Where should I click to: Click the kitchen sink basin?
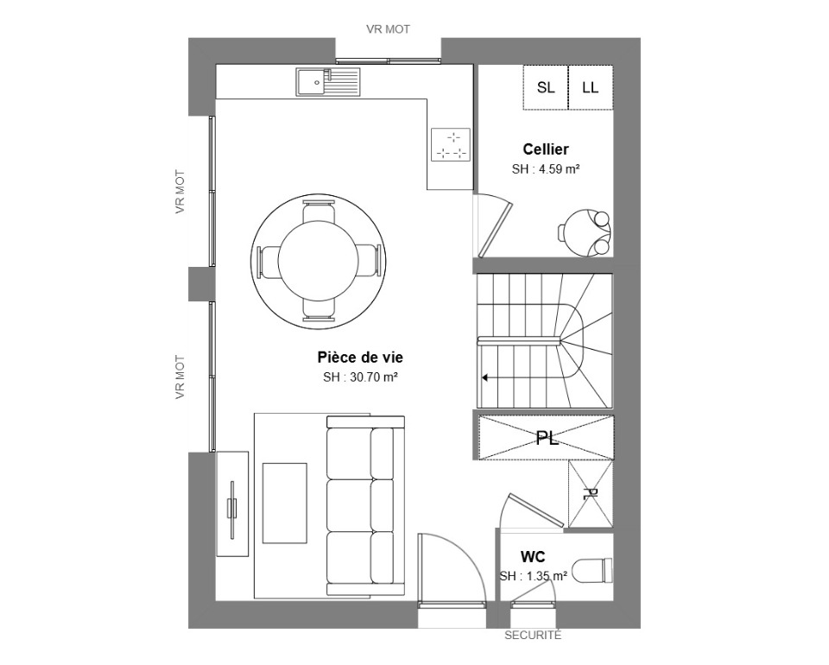(x=312, y=82)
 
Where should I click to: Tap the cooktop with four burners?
(x=451, y=144)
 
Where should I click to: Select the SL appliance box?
(x=546, y=87)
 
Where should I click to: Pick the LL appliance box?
(x=591, y=87)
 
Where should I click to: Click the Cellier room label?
(x=546, y=149)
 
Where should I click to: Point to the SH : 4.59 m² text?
(x=546, y=169)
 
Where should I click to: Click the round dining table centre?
(x=319, y=261)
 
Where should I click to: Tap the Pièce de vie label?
(x=360, y=358)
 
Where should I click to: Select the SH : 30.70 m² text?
(x=360, y=377)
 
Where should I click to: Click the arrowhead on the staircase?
(x=484, y=378)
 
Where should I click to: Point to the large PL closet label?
(x=547, y=438)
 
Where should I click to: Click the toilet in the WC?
(x=592, y=570)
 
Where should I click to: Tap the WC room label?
(x=533, y=557)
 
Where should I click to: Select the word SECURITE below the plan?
(x=533, y=636)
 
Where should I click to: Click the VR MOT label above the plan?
(x=388, y=29)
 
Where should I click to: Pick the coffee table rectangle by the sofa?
(x=285, y=503)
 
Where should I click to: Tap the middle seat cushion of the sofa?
(x=360, y=506)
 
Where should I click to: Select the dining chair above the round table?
(x=319, y=212)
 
